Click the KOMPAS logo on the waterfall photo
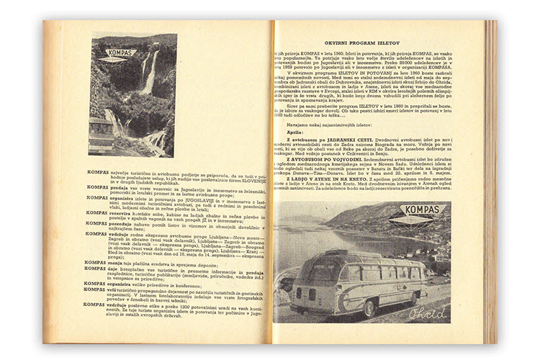117,53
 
